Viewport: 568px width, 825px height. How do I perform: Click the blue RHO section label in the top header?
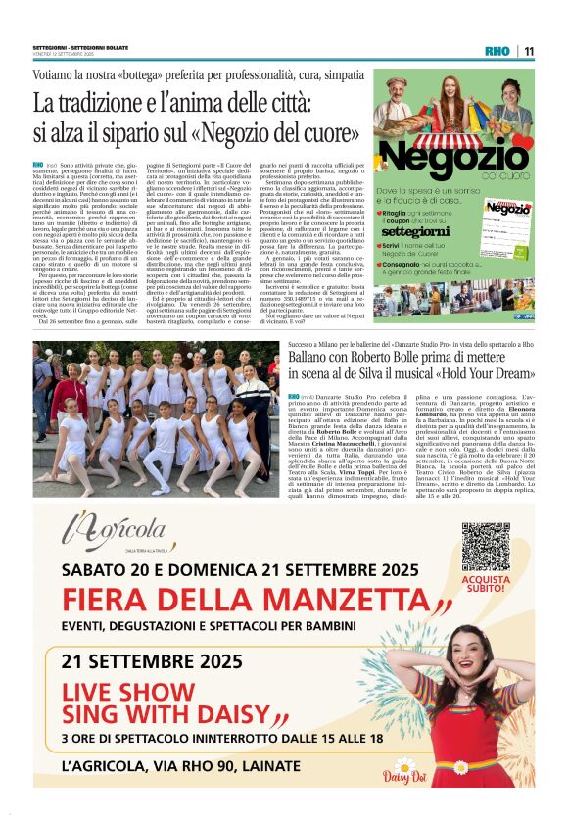coord(497,52)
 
